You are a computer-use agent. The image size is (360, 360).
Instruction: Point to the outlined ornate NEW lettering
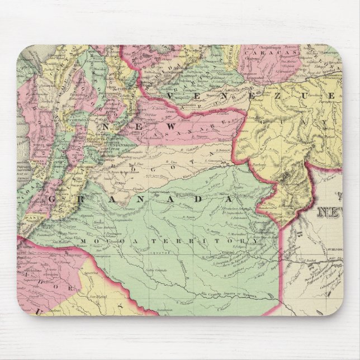[x=329, y=212]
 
